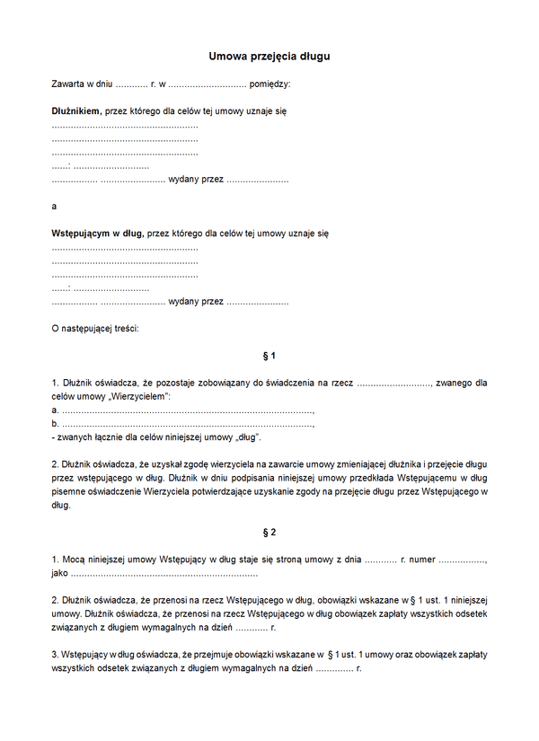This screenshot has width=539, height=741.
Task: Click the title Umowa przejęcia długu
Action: [269, 56]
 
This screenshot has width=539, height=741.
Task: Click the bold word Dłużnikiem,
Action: [76, 112]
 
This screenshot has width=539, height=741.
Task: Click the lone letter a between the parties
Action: [55, 206]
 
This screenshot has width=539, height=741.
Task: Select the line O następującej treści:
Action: [95, 328]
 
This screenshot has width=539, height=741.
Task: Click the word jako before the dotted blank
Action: [60, 572]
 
